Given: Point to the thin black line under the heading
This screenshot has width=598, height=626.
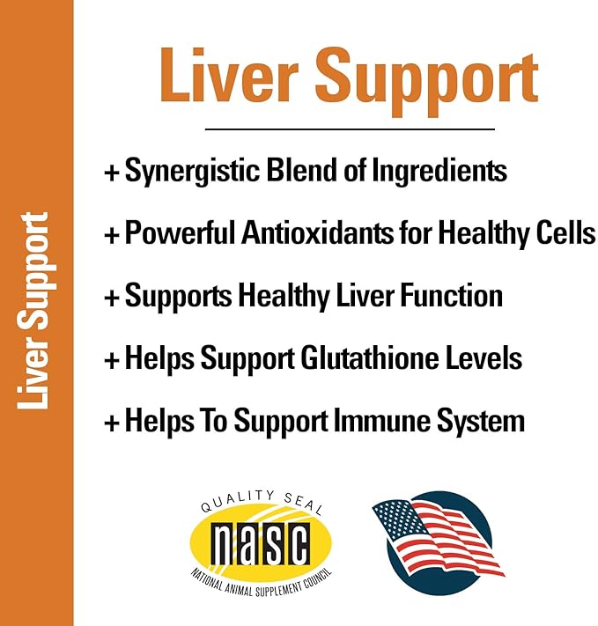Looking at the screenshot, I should (x=350, y=129).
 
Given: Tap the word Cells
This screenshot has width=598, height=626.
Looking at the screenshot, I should (x=562, y=234).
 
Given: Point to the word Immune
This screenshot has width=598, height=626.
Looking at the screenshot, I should (x=376, y=421).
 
